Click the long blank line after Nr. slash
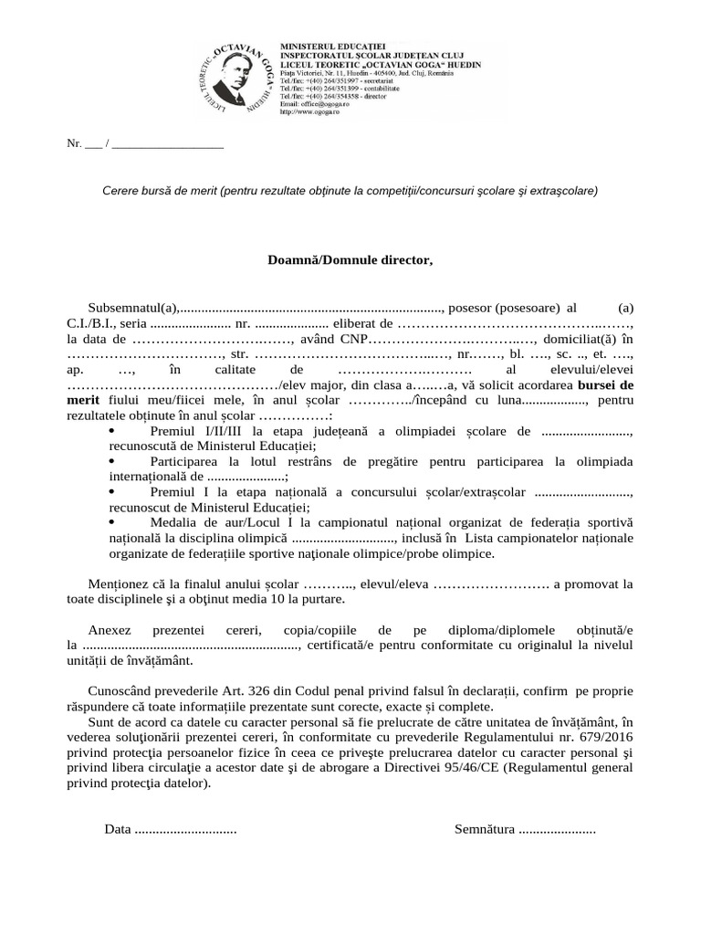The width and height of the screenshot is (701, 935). coord(169,144)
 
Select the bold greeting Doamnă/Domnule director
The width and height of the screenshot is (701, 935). coord(350,260)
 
